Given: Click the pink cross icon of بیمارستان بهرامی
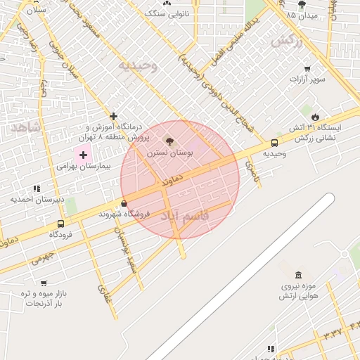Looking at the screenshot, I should point(83,154).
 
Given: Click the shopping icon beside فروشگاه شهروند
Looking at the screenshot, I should point(124,204).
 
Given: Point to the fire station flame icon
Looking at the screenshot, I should point(314,117).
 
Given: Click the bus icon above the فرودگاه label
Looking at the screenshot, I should point(60,224).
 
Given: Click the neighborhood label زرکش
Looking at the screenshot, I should point(286,41).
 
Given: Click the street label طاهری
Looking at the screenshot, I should point(251,167).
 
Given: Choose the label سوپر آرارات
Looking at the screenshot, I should point(306,79).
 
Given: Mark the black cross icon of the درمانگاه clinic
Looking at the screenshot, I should point(113,116).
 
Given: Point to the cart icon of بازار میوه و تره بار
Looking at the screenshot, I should point(44,283).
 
